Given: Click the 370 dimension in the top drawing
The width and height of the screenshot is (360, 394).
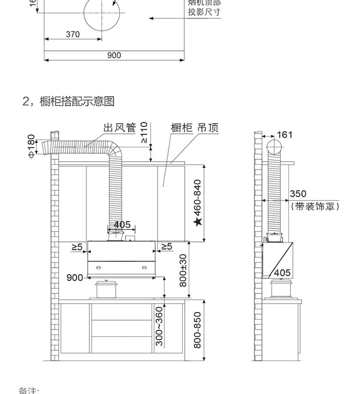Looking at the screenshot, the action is pyautogui.click(x=72, y=35).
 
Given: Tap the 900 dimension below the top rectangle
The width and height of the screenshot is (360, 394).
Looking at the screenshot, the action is pyautogui.click(x=114, y=55).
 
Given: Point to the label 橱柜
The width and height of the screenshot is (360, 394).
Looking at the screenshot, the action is pyautogui.click(x=181, y=128).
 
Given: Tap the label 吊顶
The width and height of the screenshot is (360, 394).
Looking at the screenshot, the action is pyautogui.click(x=208, y=128).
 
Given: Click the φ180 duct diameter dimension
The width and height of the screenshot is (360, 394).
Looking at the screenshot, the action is pyautogui.click(x=32, y=146).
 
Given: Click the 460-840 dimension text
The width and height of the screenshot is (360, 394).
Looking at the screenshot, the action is pyautogui.click(x=197, y=198).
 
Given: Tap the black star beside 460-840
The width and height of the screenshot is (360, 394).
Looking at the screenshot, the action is pyautogui.click(x=197, y=222).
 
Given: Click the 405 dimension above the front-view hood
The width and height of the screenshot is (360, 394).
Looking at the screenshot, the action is pyautogui.click(x=122, y=225).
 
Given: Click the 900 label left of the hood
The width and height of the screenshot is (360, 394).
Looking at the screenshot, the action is pyautogui.click(x=74, y=277).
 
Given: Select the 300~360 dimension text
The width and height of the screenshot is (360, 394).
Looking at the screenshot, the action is pyautogui.click(x=160, y=327).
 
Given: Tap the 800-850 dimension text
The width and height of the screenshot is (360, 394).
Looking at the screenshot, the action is pyautogui.click(x=197, y=331).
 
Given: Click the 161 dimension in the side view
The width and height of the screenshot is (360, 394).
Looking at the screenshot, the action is pyautogui.click(x=285, y=135).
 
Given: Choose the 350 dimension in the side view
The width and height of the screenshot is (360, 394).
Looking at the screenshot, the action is pyautogui.click(x=298, y=194).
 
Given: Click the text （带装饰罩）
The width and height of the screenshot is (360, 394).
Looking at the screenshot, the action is pyautogui.click(x=315, y=206).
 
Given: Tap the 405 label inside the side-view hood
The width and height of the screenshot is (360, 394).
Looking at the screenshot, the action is pyautogui.click(x=282, y=273).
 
